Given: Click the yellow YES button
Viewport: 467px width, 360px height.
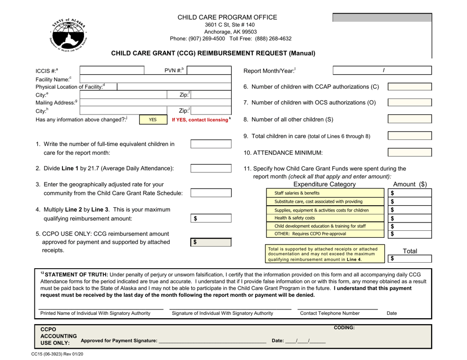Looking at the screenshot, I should coord(152,119).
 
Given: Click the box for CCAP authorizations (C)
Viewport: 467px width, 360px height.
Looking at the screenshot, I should coord(409,87).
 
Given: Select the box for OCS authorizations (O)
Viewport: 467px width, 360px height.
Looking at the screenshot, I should coord(409,103).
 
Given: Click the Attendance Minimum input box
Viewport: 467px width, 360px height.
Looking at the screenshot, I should coord(409,152).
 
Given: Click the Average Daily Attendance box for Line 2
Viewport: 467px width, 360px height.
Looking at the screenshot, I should coord(211,168).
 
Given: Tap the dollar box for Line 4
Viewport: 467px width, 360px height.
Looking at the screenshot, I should coord(211,218).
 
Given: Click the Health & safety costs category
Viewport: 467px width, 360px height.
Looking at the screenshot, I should coord(324,218).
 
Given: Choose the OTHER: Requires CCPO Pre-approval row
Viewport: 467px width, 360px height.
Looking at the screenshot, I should coord(324,234).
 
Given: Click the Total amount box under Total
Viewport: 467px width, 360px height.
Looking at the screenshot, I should coord(409,258).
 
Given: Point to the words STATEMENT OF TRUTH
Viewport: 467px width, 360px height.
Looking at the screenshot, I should coord(74,274).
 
